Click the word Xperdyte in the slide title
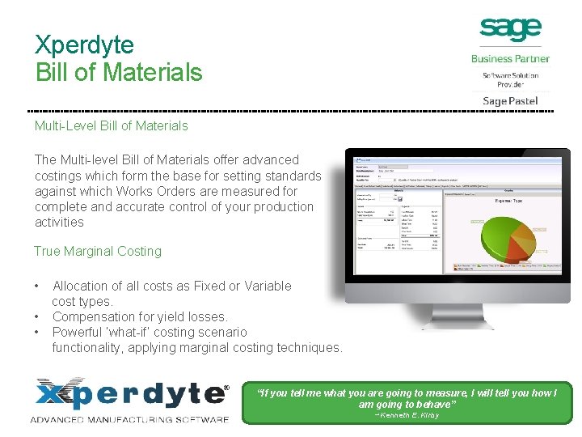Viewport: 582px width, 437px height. point(85,44)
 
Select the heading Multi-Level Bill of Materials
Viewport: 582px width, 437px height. point(111,125)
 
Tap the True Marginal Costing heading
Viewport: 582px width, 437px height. point(98,251)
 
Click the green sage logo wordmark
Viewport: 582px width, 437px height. point(510,29)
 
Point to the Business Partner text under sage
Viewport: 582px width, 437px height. point(510,58)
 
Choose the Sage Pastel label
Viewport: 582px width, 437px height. point(510,101)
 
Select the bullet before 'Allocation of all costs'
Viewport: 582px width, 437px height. point(38,286)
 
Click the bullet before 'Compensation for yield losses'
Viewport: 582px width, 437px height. point(38,316)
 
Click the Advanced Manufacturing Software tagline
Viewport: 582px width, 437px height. point(129,418)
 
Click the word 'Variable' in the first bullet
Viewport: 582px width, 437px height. point(266,286)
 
